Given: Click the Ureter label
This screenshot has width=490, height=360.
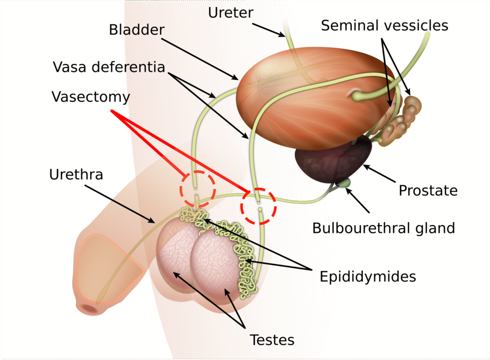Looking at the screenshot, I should (x=231, y=13).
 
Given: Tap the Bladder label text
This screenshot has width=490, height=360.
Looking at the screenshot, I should (x=137, y=30).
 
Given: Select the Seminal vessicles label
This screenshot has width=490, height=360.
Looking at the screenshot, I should (x=384, y=25).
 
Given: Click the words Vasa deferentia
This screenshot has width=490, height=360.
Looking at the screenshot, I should (x=109, y=67).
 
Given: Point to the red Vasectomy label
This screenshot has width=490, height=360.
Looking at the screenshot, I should (x=91, y=97).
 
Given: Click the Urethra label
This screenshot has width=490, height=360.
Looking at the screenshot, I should (x=76, y=175).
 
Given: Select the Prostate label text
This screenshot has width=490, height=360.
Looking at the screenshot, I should (x=428, y=191).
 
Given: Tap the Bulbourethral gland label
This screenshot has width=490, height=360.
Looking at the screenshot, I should (x=383, y=228).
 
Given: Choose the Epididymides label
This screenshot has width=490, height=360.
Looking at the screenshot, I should (x=367, y=276).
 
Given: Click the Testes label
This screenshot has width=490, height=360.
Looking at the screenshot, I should (x=272, y=340).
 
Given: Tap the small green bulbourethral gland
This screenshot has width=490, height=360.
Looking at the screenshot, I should (x=345, y=183).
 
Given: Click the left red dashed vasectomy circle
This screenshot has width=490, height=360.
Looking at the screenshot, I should (x=198, y=188).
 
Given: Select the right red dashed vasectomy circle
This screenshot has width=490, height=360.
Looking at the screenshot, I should (x=258, y=206).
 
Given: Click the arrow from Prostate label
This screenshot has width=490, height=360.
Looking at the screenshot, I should (x=381, y=175).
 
